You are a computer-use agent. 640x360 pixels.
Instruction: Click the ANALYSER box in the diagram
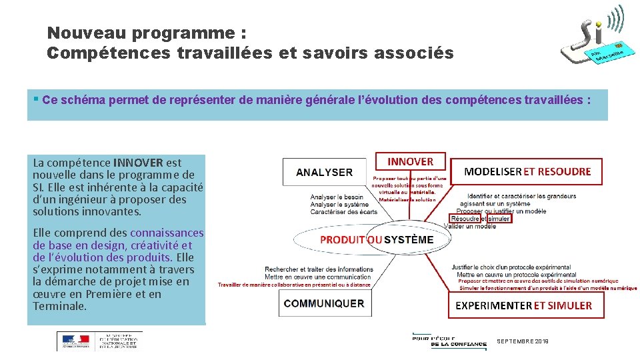click(x=325, y=172)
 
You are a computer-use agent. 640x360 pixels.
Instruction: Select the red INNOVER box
click(x=410, y=161)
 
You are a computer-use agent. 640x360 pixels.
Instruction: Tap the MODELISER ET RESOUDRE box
click(x=527, y=171)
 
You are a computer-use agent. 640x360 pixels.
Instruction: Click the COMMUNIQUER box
click(x=324, y=303)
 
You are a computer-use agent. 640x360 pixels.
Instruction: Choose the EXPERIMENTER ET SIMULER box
click(x=523, y=305)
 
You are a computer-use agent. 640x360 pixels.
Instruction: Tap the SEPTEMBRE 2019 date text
click(x=523, y=341)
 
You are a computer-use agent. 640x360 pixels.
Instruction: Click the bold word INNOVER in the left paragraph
click(x=139, y=162)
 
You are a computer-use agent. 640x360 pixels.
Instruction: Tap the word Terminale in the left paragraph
click(x=59, y=306)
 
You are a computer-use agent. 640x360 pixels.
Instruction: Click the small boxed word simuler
click(x=499, y=219)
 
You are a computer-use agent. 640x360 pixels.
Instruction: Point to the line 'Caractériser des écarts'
click(x=343, y=212)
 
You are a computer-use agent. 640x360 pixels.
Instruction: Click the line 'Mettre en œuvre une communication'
click(x=319, y=276)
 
